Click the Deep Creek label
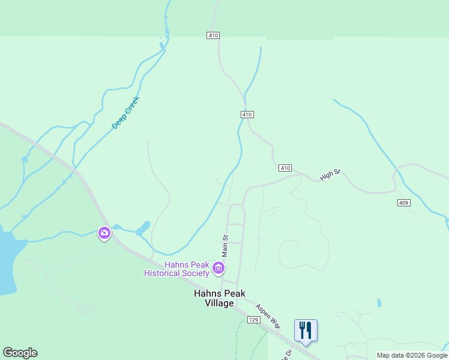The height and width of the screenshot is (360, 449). pyautogui.click(x=125, y=113)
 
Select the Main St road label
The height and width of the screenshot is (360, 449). pyautogui.click(x=226, y=246)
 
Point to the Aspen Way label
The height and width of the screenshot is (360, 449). pyautogui.click(x=268, y=316)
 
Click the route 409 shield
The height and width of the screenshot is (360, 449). pyautogui.click(x=403, y=203)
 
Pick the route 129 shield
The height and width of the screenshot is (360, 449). pyautogui.click(x=254, y=320)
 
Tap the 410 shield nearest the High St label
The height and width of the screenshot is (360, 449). pyautogui.click(x=285, y=168)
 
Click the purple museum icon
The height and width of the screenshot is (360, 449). pyautogui.click(x=219, y=268)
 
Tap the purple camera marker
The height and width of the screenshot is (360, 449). pyautogui.click(x=104, y=233)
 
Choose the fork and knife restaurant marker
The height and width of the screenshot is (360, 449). pyautogui.click(x=306, y=330)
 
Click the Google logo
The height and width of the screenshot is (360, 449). pyautogui.click(x=20, y=353)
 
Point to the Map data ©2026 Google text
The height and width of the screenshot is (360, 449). pyautogui.click(x=412, y=356)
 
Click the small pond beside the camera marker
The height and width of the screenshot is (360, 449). pyautogui.click(x=143, y=229)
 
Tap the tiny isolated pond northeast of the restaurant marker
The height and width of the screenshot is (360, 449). pyautogui.click(x=379, y=303)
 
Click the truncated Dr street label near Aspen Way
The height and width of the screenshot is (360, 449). pyautogui.click(x=289, y=354)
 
